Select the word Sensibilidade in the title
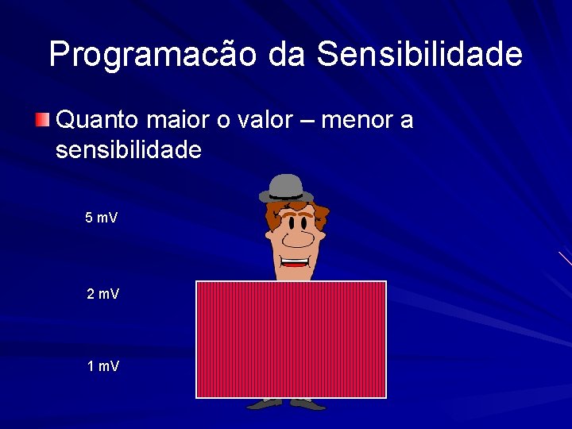coord(419,54)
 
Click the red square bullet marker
coord(42,121)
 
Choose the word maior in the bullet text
coord(182,121)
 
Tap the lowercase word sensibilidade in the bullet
coord(128,149)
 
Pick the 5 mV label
coord(102,218)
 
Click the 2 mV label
coord(102,295)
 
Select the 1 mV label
coord(102,366)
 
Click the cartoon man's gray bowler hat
coord(286,188)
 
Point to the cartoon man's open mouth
coord(295,261)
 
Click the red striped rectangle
coord(291,339)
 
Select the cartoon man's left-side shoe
coord(265,404)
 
